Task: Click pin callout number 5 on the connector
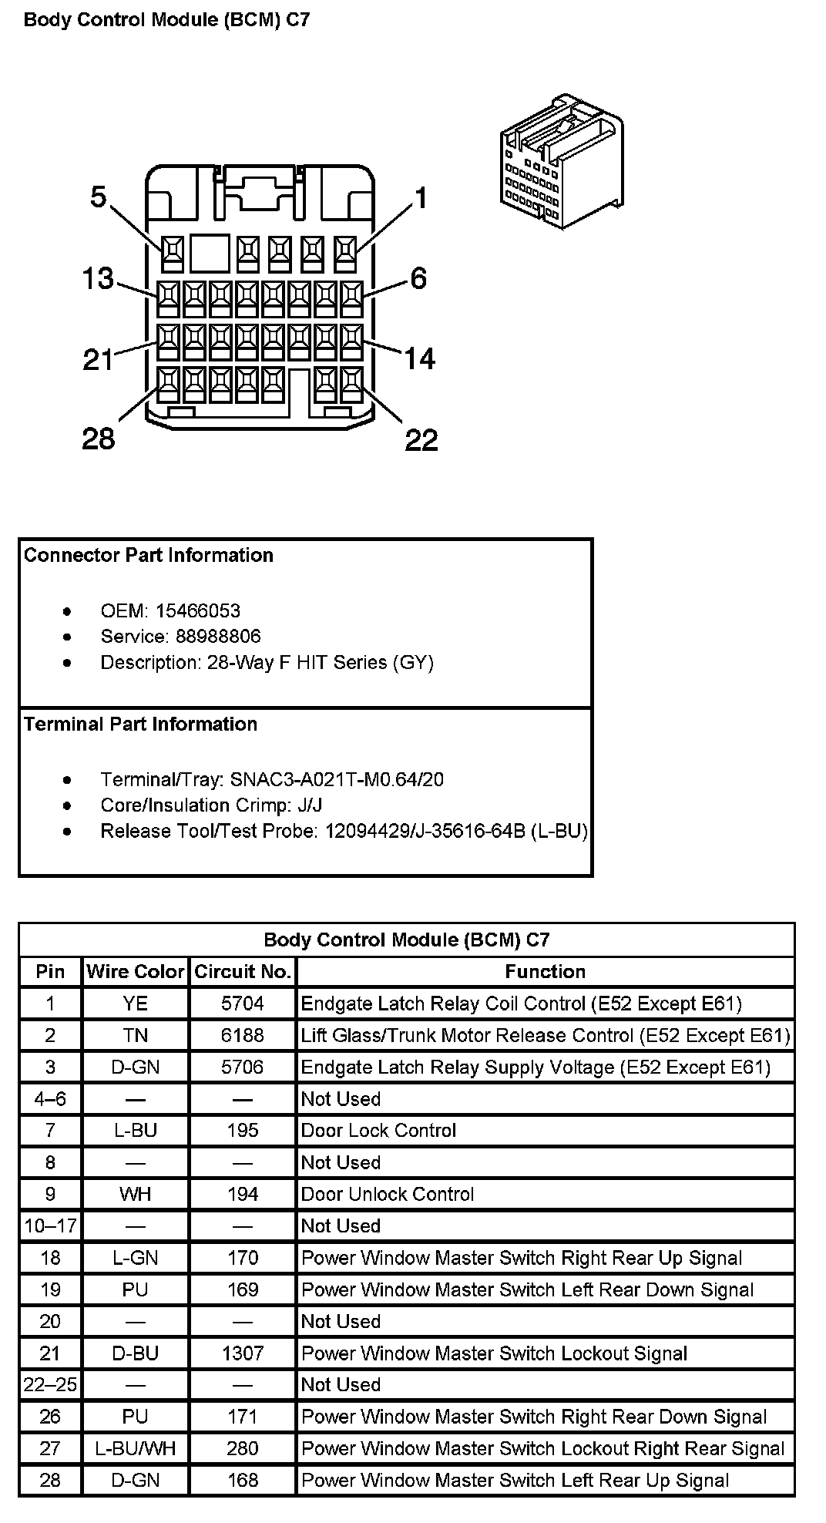coord(98,197)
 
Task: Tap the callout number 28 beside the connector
coord(98,439)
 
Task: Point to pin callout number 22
coord(421,440)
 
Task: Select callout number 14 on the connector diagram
coord(419,358)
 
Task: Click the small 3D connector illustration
coord(562,161)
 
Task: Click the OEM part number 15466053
coord(197,611)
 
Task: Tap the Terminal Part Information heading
coord(140,725)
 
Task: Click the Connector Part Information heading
coord(149,556)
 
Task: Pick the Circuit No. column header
coord(243,972)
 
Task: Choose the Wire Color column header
coord(136,972)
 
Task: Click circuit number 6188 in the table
coord(243,1035)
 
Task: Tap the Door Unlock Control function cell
coord(388,1194)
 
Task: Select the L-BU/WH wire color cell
coord(136,1448)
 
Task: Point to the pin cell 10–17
coord(50,1225)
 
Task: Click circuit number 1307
coord(243,1353)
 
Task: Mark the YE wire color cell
coord(136,1004)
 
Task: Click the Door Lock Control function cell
coord(378,1131)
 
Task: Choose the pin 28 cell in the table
coord(50,1480)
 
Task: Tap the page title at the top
coord(167,20)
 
